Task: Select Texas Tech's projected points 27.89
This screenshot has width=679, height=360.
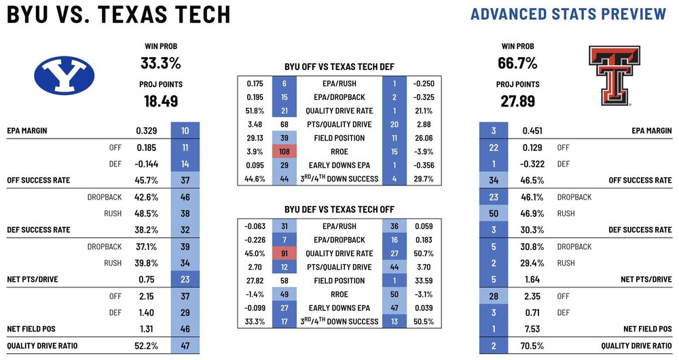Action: (x=517, y=101)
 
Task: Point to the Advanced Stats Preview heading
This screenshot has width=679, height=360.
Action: (x=568, y=14)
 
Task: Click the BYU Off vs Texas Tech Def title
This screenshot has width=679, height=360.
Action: (x=339, y=67)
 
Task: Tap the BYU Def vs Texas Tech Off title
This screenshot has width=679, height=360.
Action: (x=339, y=210)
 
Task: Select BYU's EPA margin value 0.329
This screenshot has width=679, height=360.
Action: (x=148, y=130)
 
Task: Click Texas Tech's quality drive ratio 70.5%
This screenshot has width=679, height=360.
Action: (x=533, y=345)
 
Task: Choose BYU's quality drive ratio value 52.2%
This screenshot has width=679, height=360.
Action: (x=147, y=345)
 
